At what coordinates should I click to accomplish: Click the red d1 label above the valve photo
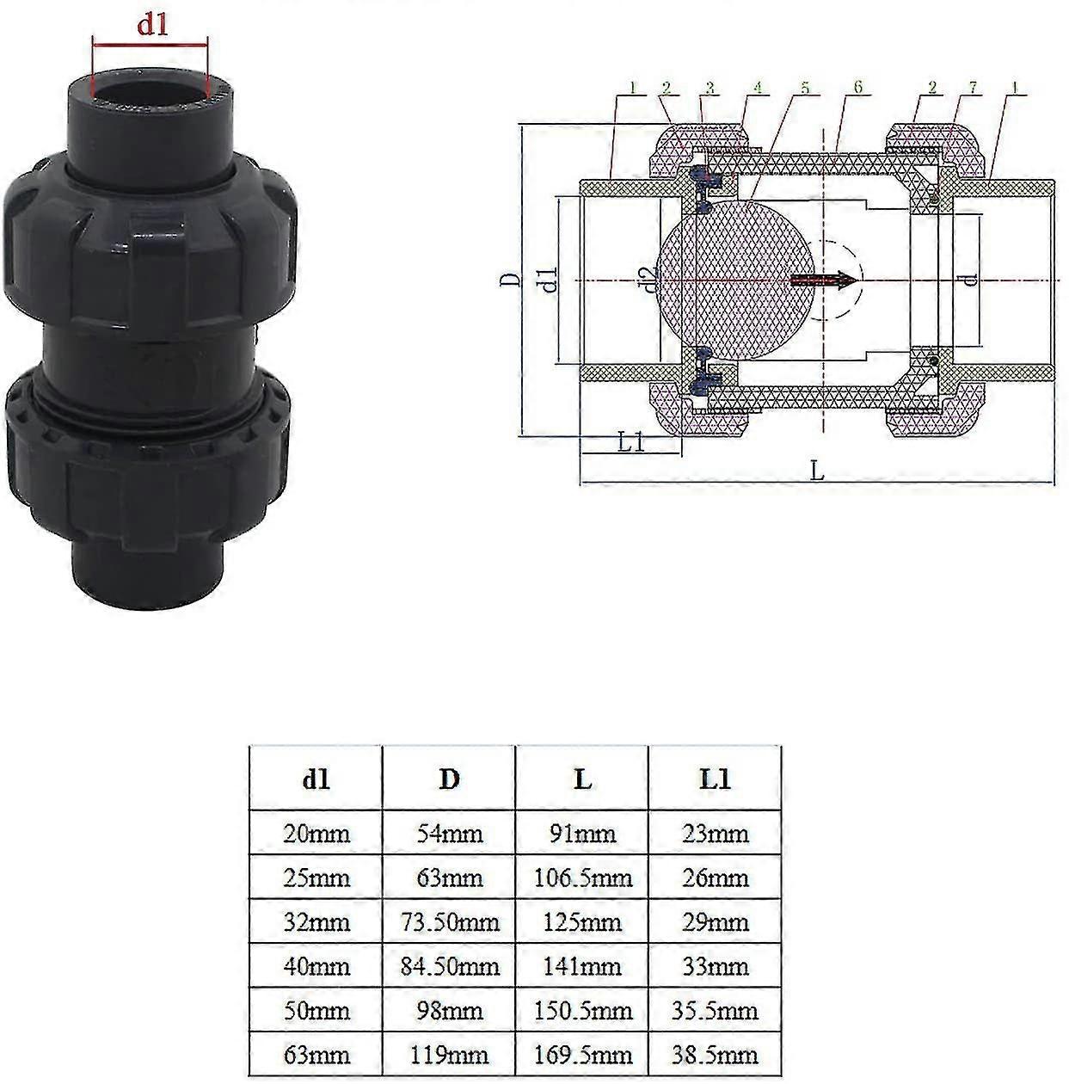[152, 25]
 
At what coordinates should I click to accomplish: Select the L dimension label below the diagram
[817, 471]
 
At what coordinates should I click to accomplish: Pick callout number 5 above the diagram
[805, 88]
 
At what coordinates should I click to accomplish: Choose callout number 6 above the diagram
[857, 88]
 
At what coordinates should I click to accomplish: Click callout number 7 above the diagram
[973, 88]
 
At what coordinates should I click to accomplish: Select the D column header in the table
[449, 779]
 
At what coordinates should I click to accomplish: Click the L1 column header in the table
[715, 779]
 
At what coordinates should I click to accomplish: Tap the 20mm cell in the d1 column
[316, 834]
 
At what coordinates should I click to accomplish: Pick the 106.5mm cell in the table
[582, 878]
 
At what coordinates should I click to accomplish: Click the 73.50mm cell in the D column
[449, 922]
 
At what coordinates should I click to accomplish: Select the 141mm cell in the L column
[582, 966]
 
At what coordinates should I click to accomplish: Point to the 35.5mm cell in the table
[715, 1011]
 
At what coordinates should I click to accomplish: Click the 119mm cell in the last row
[449, 1055]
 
